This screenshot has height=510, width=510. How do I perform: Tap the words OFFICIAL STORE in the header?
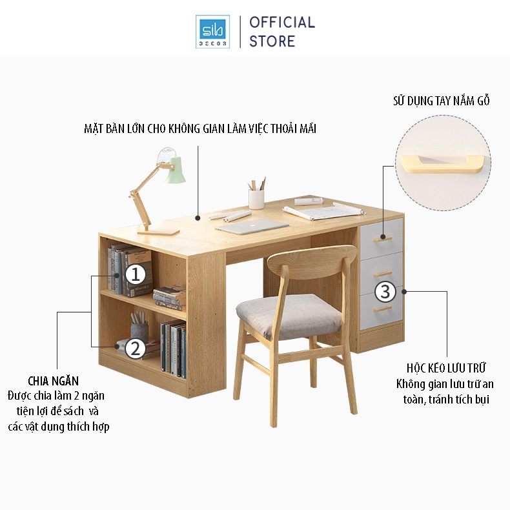[x=281, y=32]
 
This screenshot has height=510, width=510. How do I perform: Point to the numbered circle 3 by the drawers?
[x=385, y=292]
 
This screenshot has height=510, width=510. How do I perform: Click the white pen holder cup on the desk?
[x=258, y=197]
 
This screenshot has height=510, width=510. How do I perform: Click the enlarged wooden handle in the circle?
[x=442, y=162]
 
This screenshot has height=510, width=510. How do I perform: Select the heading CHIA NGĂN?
[x=54, y=381]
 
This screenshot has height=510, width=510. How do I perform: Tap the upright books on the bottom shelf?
[x=173, y=349]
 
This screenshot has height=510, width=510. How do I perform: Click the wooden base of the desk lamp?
[x=161, y=230]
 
